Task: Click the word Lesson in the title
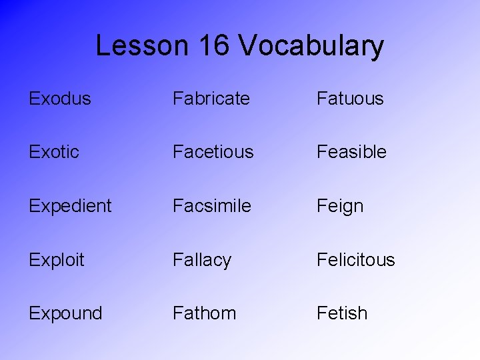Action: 143,45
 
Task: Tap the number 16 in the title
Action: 214,45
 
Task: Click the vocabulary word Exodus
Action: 60,99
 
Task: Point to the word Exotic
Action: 54,152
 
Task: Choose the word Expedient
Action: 70,206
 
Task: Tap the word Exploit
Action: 57,260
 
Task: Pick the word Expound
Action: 65,313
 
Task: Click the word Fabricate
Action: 211,99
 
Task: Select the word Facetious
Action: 213,152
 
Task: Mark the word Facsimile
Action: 212,206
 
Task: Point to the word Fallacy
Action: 202,260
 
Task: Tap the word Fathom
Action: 204,313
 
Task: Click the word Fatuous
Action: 350,99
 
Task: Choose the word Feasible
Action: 351,152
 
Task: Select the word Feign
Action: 340,207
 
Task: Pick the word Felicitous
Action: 356,260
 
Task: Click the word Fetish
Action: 342,313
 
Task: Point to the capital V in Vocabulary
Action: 247,45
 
